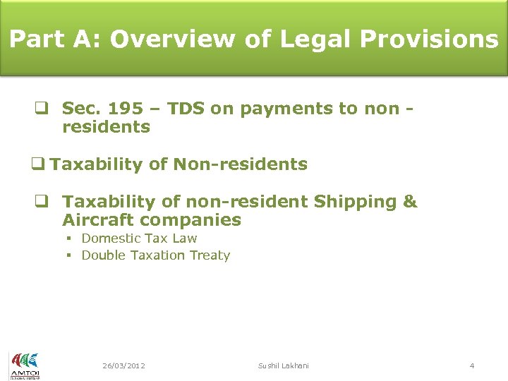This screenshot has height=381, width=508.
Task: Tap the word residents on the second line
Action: pyautogui.click(x=106, y=128)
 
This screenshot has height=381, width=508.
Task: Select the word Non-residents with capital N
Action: pyautogui.click(x=241, y=165)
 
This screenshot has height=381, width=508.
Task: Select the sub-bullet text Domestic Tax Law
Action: pyautogui.click(x=139, y=238)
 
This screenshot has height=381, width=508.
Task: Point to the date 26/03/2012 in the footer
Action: pyautogui.click(x=123, y=365)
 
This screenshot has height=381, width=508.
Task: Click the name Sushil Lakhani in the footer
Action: pyautogui.click(x=283, y=365)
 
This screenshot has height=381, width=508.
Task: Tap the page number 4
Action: pyautogui.click(x=472, y=365)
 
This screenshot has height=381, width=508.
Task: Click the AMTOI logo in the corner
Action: pyautogui.click(x=24, y=365)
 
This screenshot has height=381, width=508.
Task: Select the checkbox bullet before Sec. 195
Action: pyautogui.click(x=42, y=109)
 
